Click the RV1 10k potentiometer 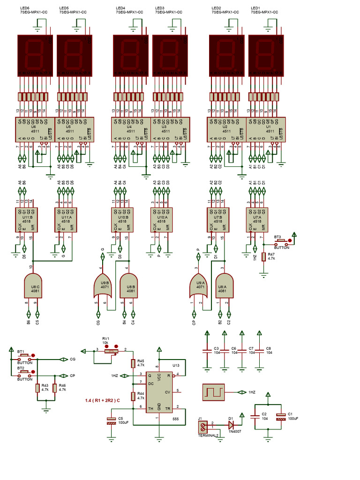tap(111, 351)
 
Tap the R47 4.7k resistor tap(264, 257)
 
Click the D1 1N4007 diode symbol tap(231, 425)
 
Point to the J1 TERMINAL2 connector tap(203, 426)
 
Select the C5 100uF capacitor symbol tap(111, 420)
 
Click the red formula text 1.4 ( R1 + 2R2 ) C tap(103, 400)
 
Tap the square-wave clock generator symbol tap(213, 392)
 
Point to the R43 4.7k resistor tap(37, 388)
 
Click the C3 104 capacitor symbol tap(207, 351)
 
